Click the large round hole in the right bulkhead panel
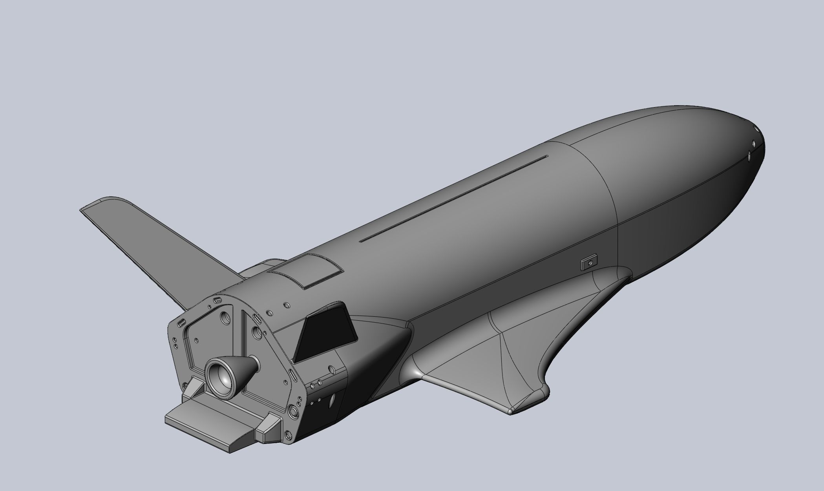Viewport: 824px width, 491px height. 257,333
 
